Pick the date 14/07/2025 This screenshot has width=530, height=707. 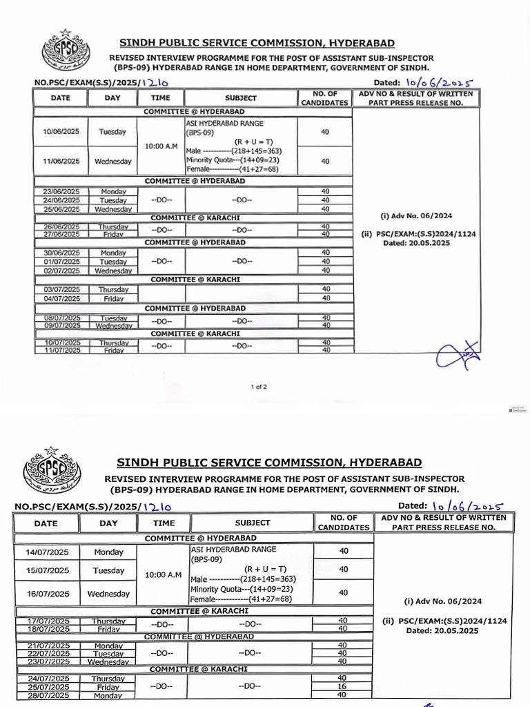click(x=46, y=552)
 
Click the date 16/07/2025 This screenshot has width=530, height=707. click(x=46, y=594)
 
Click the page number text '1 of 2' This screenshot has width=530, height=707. click(x=259, y=387)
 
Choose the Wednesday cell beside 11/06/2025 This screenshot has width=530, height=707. click(x=112, y=162)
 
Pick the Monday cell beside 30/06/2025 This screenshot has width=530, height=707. click(x=112, y=253)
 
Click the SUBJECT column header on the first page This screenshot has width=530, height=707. click(x=241, y=98)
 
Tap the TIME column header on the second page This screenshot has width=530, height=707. click(x=164, y=523)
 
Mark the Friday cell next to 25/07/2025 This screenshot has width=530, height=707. click(x=108, y=687)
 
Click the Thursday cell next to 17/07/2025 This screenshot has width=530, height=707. click(x=108, y=621)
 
